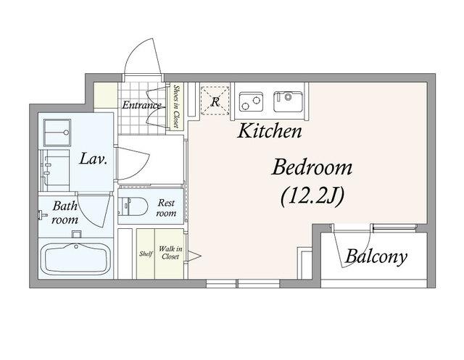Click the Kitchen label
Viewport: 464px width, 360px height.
(x=270, y=131)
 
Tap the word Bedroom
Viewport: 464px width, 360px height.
(x=312, y=167)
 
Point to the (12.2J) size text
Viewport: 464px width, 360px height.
(x=312, y=196)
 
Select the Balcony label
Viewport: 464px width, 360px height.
(x=376, y=256)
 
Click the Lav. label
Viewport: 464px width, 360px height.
(x=94, y=159)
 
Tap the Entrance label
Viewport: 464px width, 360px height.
(x=142, y=105)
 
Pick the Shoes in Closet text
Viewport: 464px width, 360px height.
(x=177, y=106)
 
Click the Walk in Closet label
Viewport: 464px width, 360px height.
(x=170, y=253)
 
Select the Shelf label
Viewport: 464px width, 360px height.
(x=146, y=254)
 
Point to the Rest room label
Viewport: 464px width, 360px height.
(x=166, y=208)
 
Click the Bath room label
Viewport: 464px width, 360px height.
(x=65, y=212)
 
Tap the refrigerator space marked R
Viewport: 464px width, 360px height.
(x=215, y=100)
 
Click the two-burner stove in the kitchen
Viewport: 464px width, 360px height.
(x=251, y=101)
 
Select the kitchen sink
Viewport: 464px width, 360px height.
(x=288, y=101)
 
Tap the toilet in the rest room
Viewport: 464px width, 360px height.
(x=133, y=206)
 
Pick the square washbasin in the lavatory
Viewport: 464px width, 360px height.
(x=57, y=133)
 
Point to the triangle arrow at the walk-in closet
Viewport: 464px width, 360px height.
(x=194, y=256)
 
